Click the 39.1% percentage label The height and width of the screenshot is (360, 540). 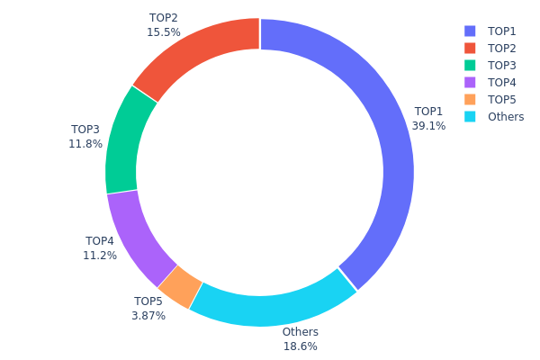click(428, 126)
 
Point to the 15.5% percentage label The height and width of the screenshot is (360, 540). click(163, 31)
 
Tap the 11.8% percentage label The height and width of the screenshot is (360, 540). click(85, 143)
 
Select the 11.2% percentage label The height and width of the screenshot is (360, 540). click(100, 255)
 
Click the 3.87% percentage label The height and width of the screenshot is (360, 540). click(148, 316)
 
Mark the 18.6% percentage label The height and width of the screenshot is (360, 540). click(301, 346)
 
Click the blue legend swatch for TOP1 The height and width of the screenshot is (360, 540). click(470, 31)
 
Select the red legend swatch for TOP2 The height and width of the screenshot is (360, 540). click(470, 48)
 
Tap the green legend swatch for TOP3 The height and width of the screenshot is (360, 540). click(470, 65)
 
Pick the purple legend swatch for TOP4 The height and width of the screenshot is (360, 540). click(470, 82)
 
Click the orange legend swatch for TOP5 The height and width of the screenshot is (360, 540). click(470, 99)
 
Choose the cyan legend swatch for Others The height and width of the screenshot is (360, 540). click(470, 116)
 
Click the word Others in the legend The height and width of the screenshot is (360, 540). click(505, 116)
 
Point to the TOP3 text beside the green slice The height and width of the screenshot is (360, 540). click(85, 130)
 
